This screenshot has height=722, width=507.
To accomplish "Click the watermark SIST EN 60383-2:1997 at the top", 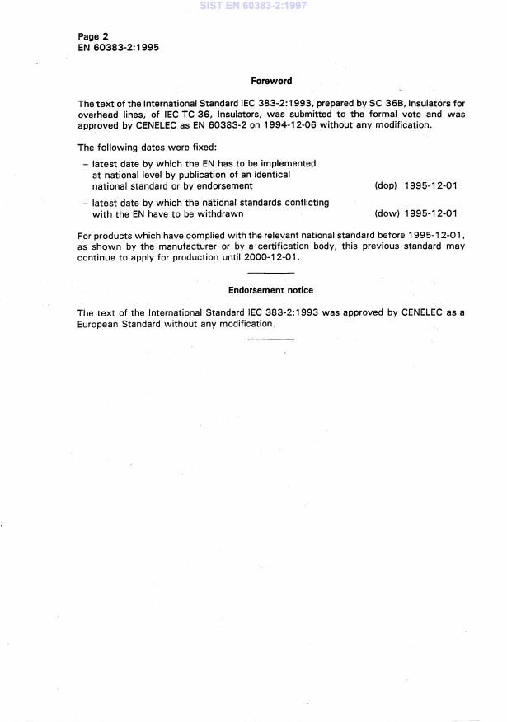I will coord(254,6).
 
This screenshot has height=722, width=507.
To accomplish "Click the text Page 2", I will coord(93,36).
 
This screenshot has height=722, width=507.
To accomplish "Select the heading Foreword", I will coord(271,81).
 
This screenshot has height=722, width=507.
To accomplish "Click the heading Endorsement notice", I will coord(270,290).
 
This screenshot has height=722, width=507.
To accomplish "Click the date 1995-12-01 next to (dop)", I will coord(430,186).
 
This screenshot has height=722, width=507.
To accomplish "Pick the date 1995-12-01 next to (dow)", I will coord(430,213).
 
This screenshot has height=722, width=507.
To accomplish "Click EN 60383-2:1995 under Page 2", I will coord(118,48).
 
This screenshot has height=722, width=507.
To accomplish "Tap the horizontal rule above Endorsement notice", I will coord(270,273).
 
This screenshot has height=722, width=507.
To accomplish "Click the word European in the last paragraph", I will coord(98,324).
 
